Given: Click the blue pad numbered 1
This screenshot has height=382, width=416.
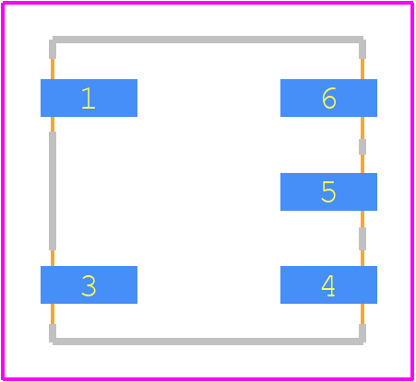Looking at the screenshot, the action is [x=89, y=98].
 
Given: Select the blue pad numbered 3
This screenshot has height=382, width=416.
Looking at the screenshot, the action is [x=89, y=284].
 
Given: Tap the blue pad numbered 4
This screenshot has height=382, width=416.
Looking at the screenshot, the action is [x=328, y=284].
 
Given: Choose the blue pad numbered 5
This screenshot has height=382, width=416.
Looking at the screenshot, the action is [x=328, y=191].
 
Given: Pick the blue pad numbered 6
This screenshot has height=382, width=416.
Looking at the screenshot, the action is [x=328, y=98].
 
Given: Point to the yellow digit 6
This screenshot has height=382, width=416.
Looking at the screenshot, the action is [x=329, y=98].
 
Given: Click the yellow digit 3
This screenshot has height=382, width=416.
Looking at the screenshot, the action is [x=89, y=285].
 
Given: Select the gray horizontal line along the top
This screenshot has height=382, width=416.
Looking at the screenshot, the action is [x=208, y=40].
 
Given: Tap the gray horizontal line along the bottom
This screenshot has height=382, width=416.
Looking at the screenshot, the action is [x=208, y=341].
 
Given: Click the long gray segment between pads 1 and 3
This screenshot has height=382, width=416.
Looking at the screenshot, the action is [x=53, y=191].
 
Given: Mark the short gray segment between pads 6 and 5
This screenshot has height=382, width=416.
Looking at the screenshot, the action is [x=363, y=146].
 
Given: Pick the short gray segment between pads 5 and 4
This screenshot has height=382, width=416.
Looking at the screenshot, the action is [x=363, y=238].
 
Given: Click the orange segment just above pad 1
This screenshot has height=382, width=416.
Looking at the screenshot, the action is [x=53, y=69].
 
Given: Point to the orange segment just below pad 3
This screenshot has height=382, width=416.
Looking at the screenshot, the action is [x=53, y=314].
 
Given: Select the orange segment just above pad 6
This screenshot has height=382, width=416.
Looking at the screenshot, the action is [x=363, y=69].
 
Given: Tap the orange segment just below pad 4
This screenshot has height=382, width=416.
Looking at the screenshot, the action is [x=363, y=314].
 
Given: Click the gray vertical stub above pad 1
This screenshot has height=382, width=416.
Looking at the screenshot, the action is [x=53, y=49].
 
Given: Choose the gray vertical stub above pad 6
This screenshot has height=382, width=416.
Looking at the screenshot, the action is [x=363, y=49].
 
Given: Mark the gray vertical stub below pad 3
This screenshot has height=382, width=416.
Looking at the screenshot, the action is [x=53, y=333].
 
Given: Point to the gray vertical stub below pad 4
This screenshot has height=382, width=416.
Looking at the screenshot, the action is [x=363, y=333].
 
